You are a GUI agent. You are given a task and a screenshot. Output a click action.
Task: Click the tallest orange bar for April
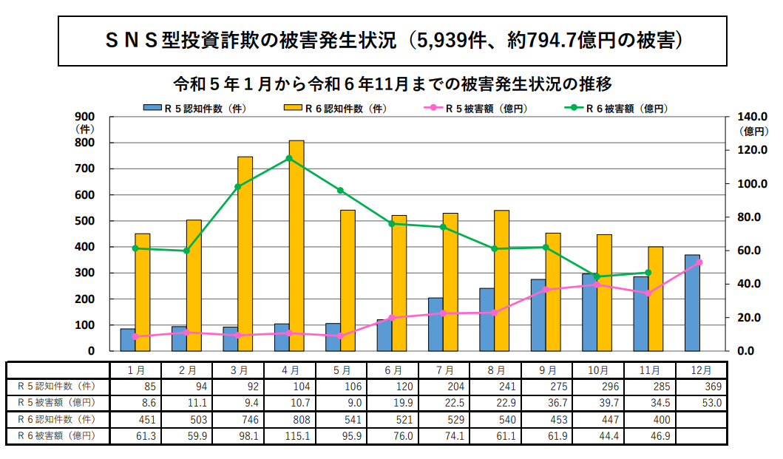296,245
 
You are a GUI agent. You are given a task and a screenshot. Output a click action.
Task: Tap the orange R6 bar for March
245,254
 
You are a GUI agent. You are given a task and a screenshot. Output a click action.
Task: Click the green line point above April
289,158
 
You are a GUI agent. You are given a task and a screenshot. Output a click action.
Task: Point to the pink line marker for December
699,262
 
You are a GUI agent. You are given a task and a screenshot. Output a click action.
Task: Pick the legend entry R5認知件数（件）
194,108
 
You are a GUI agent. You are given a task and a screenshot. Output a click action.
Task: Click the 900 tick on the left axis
86,117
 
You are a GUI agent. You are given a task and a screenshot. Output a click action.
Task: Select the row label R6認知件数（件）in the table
57,419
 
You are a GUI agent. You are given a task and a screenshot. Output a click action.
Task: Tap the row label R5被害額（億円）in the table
57,403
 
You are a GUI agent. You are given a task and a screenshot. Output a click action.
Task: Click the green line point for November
648,273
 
